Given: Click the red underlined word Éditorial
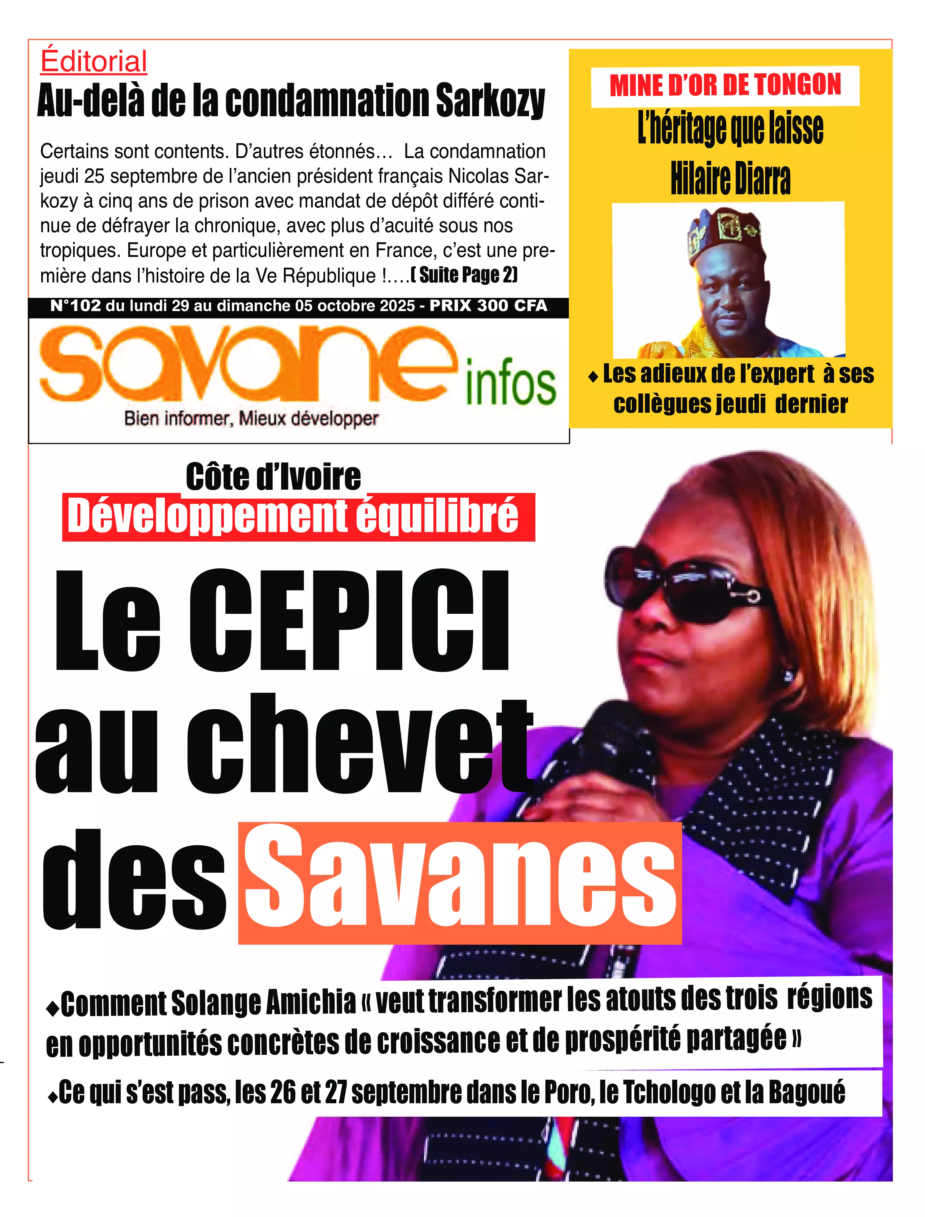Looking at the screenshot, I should [94, 62].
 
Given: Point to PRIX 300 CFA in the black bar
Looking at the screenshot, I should [488, 306].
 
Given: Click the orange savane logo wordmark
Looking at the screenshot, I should [248, 364].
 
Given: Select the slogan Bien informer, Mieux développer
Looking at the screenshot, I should [251, 419].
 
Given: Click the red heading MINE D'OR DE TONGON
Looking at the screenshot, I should [725, 85].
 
